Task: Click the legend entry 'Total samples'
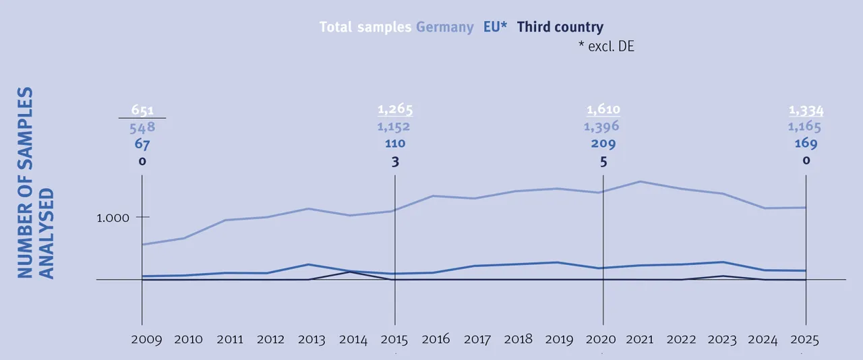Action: point(365,28)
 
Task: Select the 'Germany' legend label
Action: point(444,28)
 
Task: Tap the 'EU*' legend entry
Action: point(496,28)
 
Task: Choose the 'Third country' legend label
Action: point(560,28)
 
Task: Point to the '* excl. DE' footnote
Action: point(606,47)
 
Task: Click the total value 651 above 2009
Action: point(142,110)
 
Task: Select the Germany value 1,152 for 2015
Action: point(394,127)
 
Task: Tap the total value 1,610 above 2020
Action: point(603,110)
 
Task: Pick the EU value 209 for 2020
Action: point(603,144)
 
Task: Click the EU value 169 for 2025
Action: point(806,144)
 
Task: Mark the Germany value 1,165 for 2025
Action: point(806,127)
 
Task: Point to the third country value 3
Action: point(395,161)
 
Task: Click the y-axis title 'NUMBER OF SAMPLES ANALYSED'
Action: point(34,182)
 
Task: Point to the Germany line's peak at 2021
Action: point(639,181)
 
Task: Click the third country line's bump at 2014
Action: point(350,272)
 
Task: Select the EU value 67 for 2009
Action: point(142,144)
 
